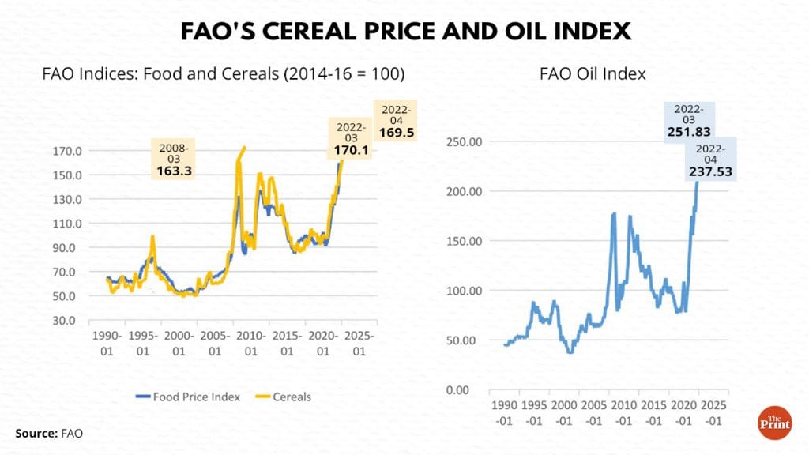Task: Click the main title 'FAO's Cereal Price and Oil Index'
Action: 404,31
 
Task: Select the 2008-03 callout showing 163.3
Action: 175,158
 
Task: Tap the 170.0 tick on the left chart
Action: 67,151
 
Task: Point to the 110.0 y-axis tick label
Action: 67,224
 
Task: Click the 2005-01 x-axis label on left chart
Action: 212,342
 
